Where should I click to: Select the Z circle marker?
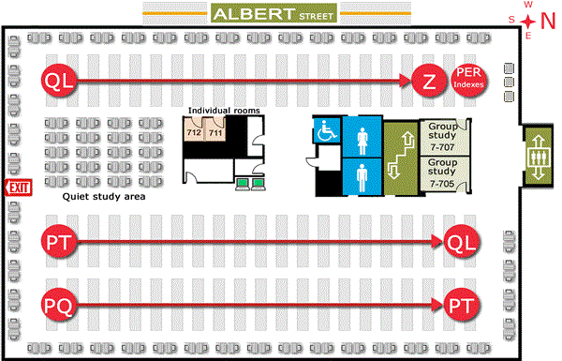[428, 82]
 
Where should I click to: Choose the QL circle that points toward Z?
[56, 82]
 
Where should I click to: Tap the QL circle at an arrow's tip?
[460, 242]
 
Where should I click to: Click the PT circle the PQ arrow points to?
[460, 305]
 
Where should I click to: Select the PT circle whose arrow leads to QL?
[56, 242]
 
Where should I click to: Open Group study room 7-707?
[442, 138]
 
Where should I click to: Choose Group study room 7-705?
[442, 175]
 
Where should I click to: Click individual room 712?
[195, 133]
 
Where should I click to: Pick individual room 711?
[215, 133]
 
